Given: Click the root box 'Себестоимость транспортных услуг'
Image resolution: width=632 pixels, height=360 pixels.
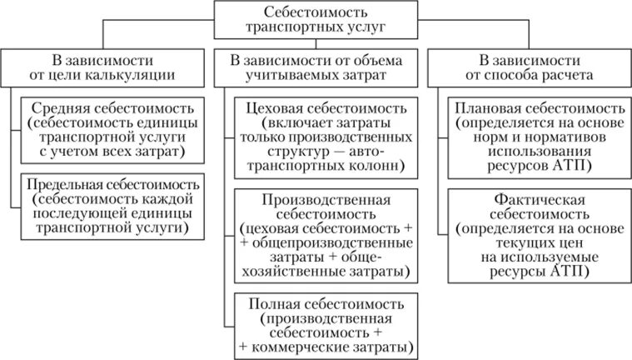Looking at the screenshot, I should pos(316,19).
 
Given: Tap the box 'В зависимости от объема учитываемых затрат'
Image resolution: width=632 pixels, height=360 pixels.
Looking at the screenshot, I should pos(316,67).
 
